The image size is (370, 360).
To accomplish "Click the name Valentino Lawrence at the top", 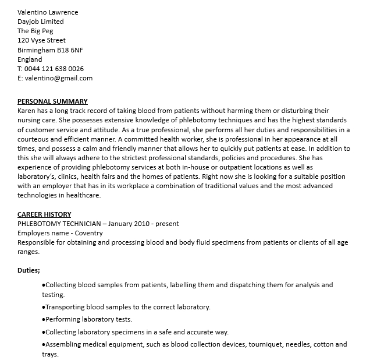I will tap(48, 12).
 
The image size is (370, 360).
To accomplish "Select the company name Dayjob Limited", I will tap(41, 22).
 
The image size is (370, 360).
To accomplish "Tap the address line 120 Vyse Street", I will tap(41, 41).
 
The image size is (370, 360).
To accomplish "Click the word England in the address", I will tap(30, 59).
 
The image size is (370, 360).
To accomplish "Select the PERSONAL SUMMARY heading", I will tap(52, 101).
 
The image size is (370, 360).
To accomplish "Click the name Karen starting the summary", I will tap(27, 111).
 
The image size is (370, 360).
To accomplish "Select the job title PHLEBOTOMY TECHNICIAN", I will tap(58, 224).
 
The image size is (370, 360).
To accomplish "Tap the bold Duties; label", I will tap(29, 271).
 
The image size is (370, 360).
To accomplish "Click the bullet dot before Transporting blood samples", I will tap(44, 307).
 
